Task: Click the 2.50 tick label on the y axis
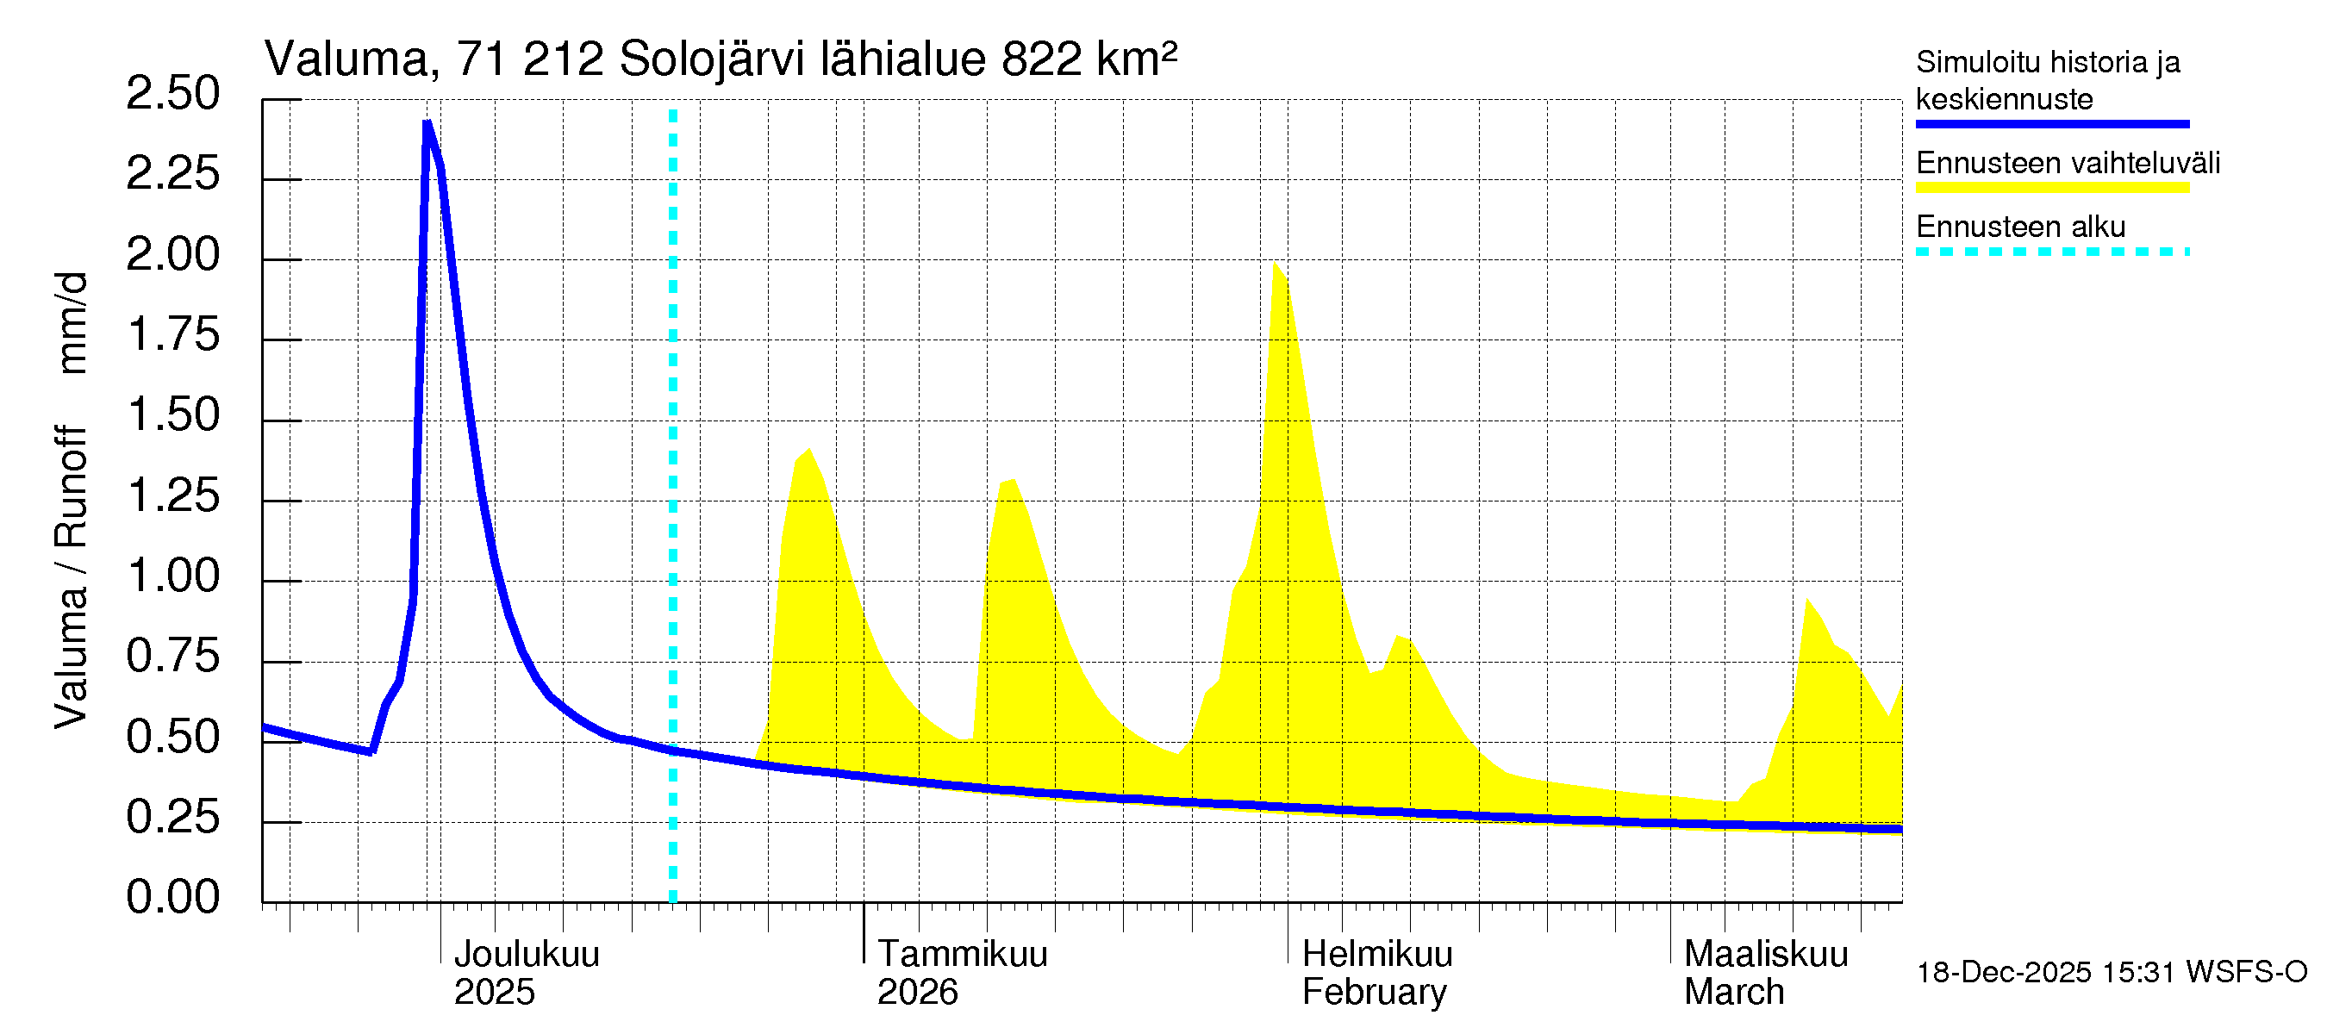point(172,94)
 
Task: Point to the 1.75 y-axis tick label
point(172,335)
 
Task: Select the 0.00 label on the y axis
point(172,897)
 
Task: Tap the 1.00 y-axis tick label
point(172,576)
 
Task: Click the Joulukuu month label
point(526,954)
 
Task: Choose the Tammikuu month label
point(962,954)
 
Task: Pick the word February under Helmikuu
point(1374,992)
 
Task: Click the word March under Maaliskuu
point(1733,992)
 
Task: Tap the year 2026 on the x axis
point(917,992)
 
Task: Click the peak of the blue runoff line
point(427,123)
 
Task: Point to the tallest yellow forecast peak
point(1275,264)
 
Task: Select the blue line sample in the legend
point(2051,124)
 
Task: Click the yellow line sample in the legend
point(2051,188)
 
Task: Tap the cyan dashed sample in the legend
point(2051,252)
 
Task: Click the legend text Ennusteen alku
point(2020,226)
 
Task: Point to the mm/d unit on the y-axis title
point(72,322)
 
